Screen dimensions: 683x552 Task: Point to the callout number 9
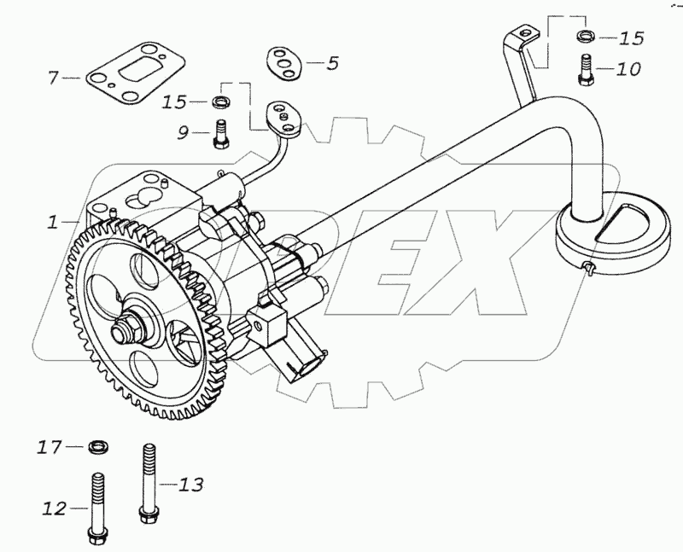click(x=184, y=132)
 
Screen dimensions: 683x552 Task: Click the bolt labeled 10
click(x=585, y=70)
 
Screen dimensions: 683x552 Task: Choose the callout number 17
click(x=49, y=445)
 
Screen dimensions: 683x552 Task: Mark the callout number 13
click(x=191, y=485)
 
